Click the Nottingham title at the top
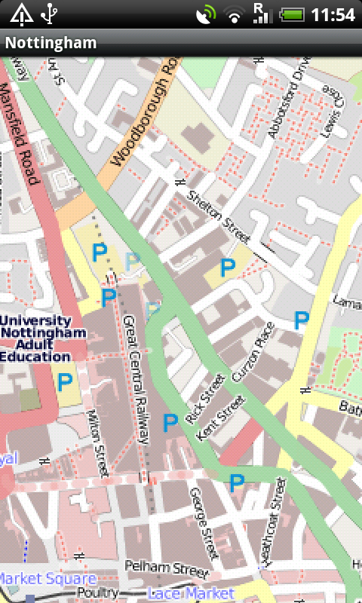click(51, 43)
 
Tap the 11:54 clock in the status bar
click(332, 15)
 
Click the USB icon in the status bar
click(50, 14)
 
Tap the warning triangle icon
click(21, 14)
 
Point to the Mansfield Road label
click(20, 134)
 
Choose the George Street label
click(204, 522)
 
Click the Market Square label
click(47, 579)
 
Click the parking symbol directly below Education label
click(65, 382)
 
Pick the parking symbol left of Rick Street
click(170, 422)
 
